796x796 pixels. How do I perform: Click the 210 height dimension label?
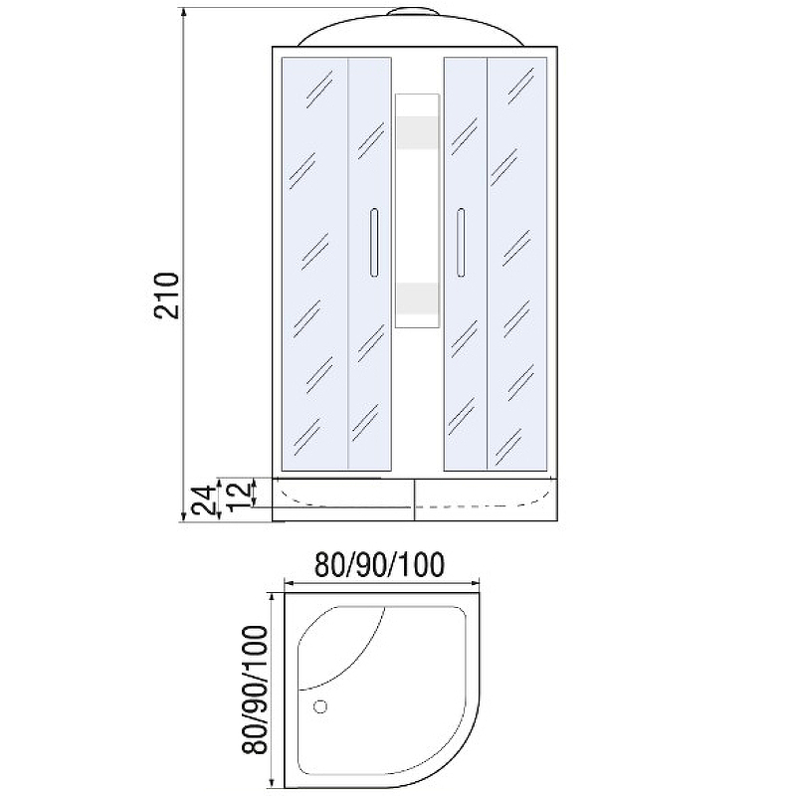pos(167,296)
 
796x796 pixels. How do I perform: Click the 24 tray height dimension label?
pos(203,500)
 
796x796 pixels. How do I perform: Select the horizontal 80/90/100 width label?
pos(380,564)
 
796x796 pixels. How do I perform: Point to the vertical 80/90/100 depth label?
pos(255,690)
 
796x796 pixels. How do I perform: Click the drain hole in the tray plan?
pos(320,706)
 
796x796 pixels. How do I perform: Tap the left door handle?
pos(374,242)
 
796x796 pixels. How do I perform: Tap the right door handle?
pos(461,242)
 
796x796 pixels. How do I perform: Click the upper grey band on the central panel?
pos(417,133)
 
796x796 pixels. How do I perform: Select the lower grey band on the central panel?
pos(417,298)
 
